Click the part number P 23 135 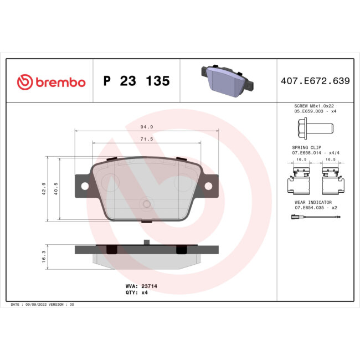136,81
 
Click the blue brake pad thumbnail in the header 227,79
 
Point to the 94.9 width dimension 146,126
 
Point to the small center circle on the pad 146,204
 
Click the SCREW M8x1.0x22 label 314,106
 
